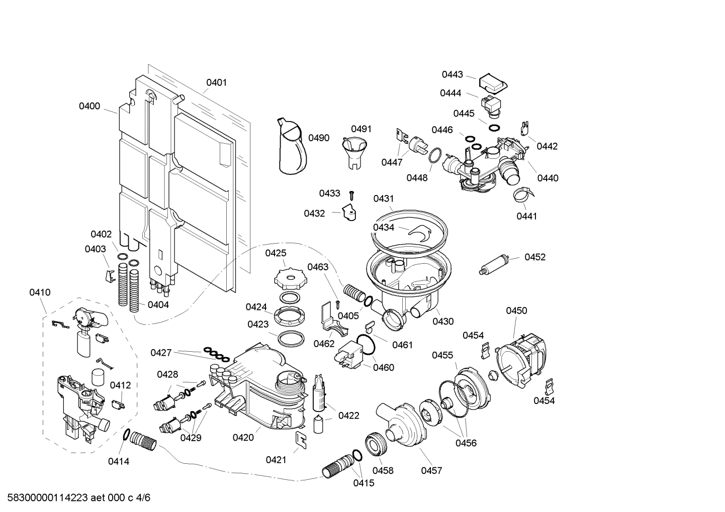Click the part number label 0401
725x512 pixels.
pyautogui.click(x=217, y=82)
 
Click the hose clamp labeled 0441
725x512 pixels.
pyautogui.click(x=523, y=194)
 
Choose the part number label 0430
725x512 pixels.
pyautogui.click(x=443, y=322)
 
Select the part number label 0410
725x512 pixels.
pyautogui.click(x=40, y=292)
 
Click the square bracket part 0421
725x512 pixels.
pyautogui.click(x=302, y=439)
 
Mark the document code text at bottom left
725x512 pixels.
pyautogui.click(x=76, y=498)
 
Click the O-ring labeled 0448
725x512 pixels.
pyautogui.click(x=435, y=156)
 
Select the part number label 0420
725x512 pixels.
pyautogui.click(x=243, y=438)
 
